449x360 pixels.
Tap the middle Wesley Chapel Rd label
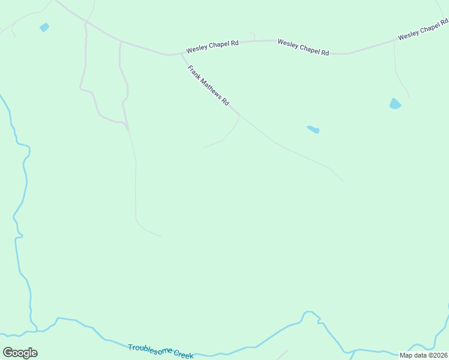(x=303, y=47)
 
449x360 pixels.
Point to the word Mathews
(x=211, y=89)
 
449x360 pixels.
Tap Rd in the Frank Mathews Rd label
(x=226, y=103)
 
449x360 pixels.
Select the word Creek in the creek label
(x=184, y=355)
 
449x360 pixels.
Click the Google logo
(x=20, y=353)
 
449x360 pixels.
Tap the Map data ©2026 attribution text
(x=423, y=355)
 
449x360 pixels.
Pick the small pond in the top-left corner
(x=44, y=27)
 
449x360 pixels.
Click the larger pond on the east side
(x=394, y=104)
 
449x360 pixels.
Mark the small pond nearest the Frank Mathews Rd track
(x=313, y=129)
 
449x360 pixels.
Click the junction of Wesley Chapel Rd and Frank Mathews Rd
(x=181, y=54)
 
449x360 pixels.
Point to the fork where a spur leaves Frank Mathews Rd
(x=240, y=114)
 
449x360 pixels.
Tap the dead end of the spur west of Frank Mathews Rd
(x=203, y=147)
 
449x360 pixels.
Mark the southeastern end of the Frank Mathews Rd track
(x=343, y=181)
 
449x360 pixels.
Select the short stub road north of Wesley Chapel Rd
(x=253, y=36)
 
